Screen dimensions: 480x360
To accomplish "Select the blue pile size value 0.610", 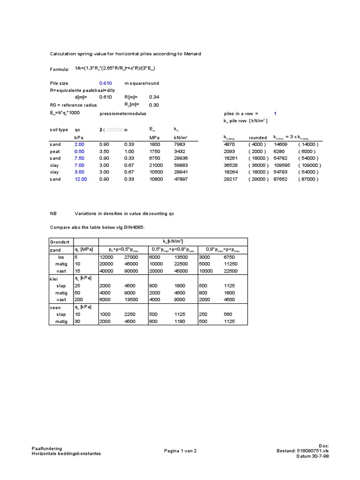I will (105, 83).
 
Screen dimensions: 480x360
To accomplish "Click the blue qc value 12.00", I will (81, 179).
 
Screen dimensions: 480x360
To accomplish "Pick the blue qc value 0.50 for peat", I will (80, 152).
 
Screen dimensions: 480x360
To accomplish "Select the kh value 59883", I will (181, 165).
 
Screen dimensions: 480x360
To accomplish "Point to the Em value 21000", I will (156, 165).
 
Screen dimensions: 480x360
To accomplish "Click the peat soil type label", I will (55, 152).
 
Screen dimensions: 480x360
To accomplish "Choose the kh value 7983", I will (180, 145).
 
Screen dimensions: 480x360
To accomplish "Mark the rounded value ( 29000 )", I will (259, 179).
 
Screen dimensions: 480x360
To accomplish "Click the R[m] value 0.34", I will (154, 97).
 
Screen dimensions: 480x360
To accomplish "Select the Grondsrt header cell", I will (59, 242).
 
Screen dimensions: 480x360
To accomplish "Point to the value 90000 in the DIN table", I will (131, 271).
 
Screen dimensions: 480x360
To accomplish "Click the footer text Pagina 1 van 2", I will (180, 451).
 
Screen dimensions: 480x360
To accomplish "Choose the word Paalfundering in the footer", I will (46, 449).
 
